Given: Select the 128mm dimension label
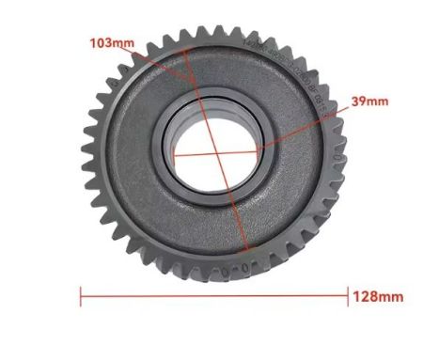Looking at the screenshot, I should [378, 296].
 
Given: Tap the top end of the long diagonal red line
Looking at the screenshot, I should [185, 49].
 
